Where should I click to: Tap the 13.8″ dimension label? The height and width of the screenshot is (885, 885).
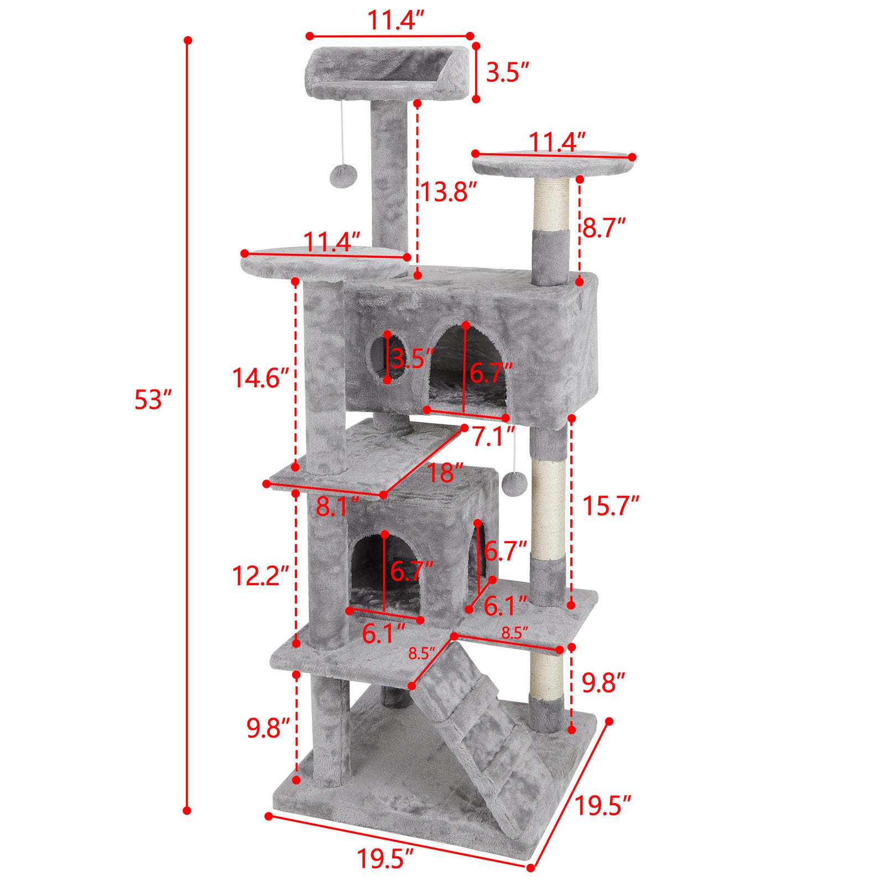coord(448,192)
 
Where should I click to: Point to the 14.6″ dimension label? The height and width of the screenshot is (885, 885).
coord(261,378)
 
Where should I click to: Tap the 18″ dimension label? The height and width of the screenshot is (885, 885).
coord(445,473)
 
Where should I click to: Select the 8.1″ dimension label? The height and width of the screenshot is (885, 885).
coord(337,507)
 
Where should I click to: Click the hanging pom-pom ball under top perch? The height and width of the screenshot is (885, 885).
coord(343,175)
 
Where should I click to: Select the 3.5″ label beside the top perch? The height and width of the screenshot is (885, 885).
coord(507,72)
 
